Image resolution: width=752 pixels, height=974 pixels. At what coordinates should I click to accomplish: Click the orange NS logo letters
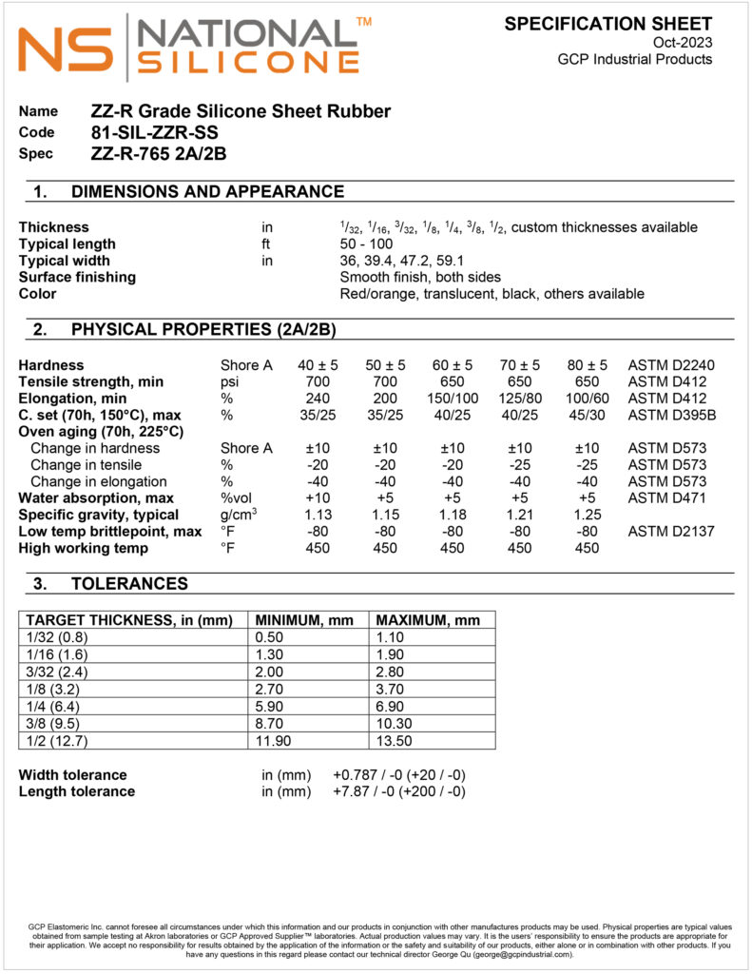(x=65, y=50)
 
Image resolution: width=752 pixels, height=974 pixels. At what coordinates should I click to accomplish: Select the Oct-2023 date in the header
(x=682, y=42)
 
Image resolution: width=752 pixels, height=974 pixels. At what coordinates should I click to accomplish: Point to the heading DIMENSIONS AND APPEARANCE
(x=207, y=192)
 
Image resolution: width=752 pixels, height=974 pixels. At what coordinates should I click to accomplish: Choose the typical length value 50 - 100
(x=366, y=244)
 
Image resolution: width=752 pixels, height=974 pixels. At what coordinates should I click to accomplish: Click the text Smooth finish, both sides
(x=420, y=278)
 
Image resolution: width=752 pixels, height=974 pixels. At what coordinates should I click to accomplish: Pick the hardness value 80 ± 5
(x=587, y=365)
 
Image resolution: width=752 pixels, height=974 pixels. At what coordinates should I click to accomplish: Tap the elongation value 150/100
(x=452, y=399)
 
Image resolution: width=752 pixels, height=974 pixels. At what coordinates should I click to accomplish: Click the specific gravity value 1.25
(x=587, y=516)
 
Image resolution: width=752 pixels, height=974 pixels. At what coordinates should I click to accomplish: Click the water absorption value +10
(x=317, y=498)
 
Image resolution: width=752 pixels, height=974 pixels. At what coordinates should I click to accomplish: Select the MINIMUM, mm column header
(x=302, y=620)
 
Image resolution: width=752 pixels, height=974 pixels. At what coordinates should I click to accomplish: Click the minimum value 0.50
(x=272, y=637)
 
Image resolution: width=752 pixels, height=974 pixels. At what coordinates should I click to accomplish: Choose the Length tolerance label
(x=77, y=791)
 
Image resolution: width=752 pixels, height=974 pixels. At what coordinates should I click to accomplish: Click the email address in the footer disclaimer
(x=524, y=954)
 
